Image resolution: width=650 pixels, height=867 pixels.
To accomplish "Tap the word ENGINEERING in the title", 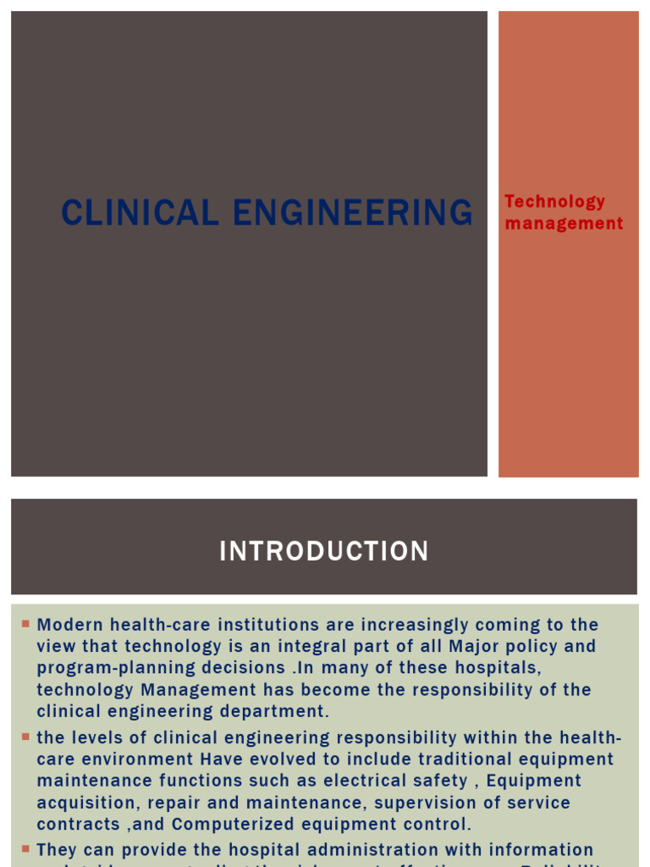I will click(353, 213).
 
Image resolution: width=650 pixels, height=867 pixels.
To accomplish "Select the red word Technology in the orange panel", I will click(555, 202).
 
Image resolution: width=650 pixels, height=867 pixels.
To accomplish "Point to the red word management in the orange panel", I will click(564, 224).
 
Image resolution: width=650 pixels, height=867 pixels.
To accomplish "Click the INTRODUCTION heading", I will click(324, 552).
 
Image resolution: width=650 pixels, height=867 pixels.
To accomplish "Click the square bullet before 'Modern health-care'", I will click(25, 624).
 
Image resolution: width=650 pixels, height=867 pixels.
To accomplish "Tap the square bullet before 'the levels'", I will click(25, 737).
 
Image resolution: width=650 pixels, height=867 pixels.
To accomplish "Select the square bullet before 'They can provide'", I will click(25, 848).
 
